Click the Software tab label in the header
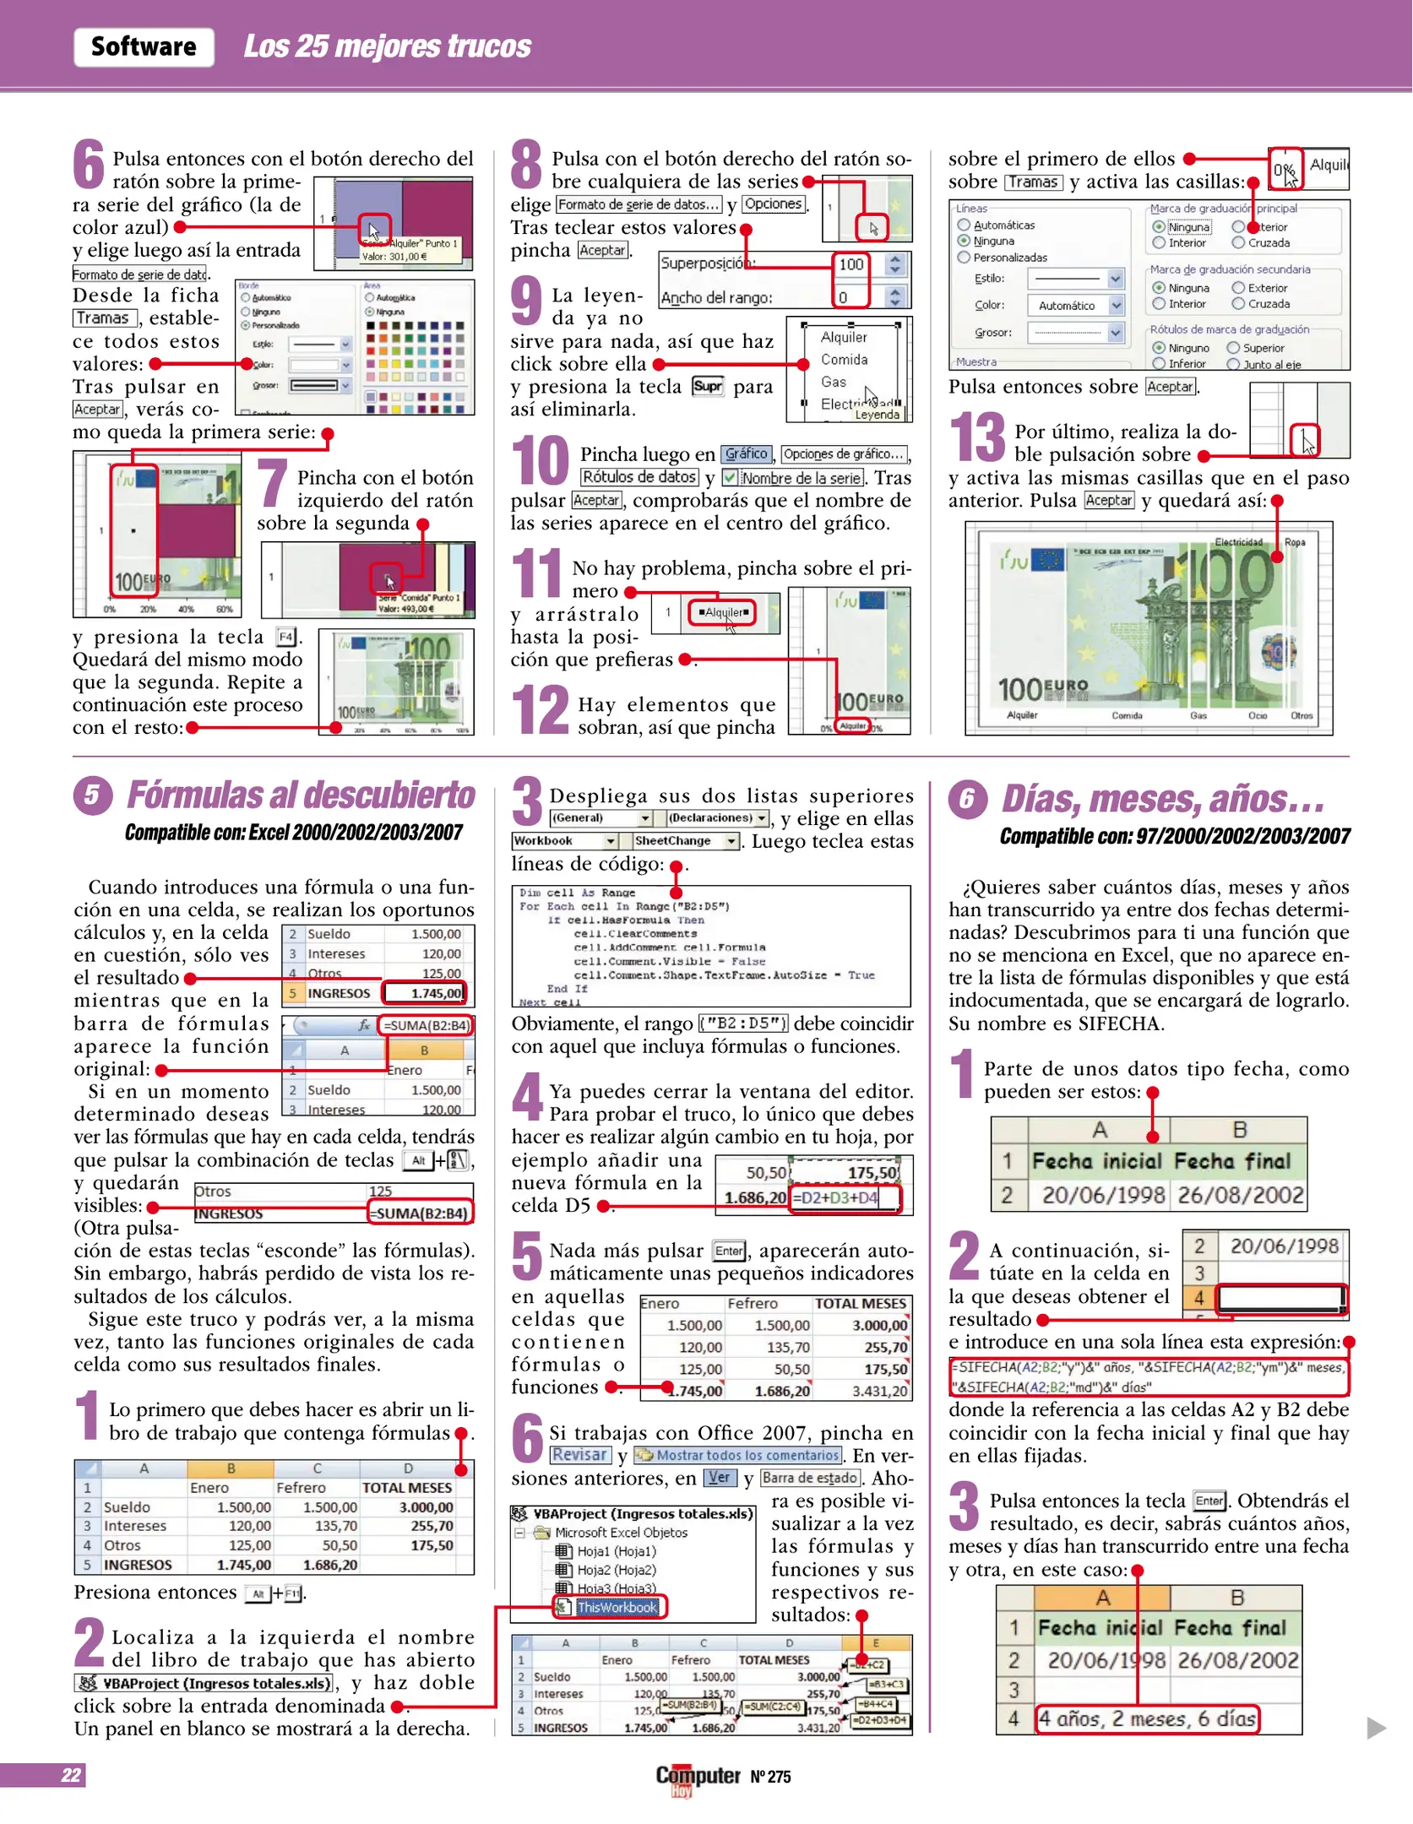point(144,46)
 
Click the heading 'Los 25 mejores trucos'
point(387,46)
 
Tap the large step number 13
point(977,437)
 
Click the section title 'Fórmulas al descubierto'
point(301,795)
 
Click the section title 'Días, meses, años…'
point(1162,799)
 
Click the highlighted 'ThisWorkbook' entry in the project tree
point(616,1607)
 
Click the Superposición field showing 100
point(851,264)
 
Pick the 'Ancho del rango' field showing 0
point(851,297)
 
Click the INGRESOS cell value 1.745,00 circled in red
point(425,993)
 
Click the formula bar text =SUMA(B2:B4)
point(426,1025)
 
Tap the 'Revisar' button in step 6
point(579,1455)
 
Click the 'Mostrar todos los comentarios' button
point(738,1455)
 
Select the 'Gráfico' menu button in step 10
point(746,454)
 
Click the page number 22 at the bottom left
point(71,1775)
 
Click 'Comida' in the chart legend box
point(844,360)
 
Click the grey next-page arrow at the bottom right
point(1376,1728)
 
